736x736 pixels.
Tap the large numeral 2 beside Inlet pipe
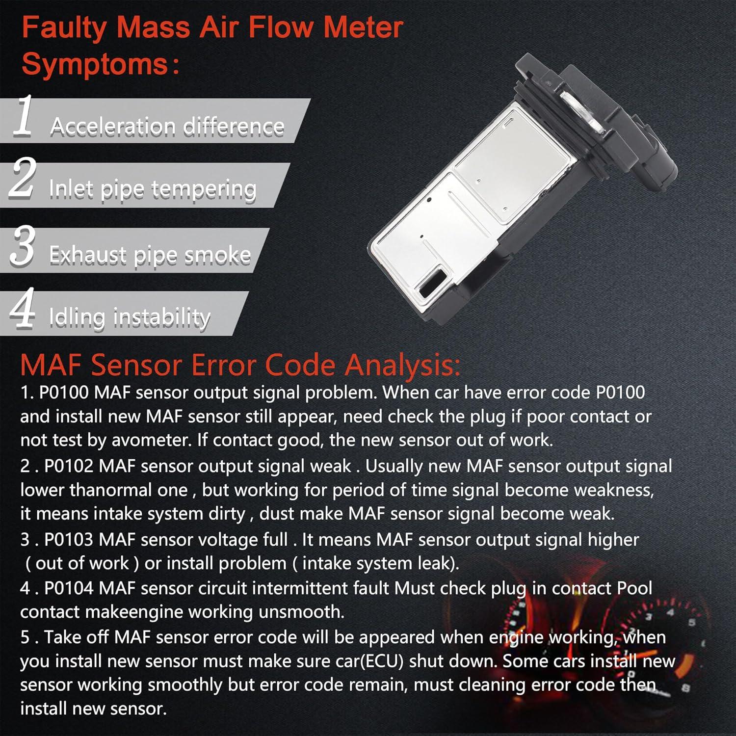(23, 179)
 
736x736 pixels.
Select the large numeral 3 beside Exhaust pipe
(23, 245)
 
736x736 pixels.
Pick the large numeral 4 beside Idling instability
(23, 308)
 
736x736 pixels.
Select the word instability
(162, 317)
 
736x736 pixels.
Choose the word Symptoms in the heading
(95, 64)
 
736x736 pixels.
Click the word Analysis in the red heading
(402, 366)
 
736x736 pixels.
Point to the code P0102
(69, 466)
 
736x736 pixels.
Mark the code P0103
(69, 540)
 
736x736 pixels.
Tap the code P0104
(69, 588)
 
